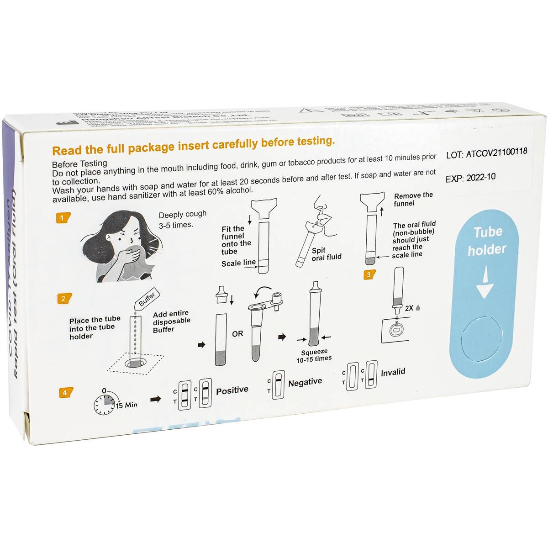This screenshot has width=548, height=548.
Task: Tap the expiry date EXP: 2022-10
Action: point(470,178)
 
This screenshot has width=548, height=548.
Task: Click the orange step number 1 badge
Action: point(63,218)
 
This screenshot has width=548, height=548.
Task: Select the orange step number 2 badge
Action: point(63,299)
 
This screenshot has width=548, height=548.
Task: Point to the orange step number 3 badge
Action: point(369,274)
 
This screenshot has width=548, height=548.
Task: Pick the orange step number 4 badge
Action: point(65,393)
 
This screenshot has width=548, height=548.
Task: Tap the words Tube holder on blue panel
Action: point(487,240)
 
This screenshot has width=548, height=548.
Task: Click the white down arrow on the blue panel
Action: point(485,284)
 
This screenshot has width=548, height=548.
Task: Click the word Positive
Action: point(232,390)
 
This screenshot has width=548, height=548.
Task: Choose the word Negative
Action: point(305,382)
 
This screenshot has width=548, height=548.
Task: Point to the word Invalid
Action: point(393,372)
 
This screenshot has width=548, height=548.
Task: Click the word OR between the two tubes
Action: point(237,334)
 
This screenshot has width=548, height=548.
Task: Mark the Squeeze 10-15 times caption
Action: point(314,355)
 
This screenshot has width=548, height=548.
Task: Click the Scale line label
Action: point(238,263)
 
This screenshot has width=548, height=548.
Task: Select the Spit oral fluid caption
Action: point(326,254)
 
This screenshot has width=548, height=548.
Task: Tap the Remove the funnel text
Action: point(413,199)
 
